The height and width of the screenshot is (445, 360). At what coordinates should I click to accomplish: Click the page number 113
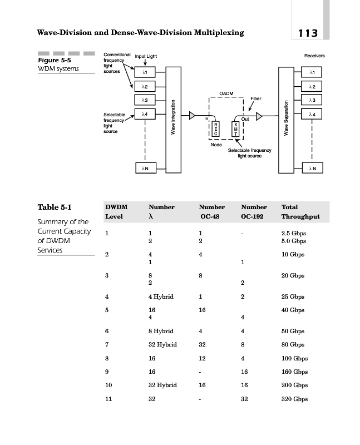click(x=307, y=33)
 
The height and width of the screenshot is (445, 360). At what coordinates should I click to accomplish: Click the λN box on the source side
click(x=145, y=167)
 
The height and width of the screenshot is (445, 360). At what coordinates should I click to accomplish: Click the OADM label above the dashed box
click(x=226, y=93)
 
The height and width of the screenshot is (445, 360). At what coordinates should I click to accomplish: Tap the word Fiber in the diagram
click(x=255, y=98)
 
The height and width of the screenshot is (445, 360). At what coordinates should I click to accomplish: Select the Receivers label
click(x=314, y=56)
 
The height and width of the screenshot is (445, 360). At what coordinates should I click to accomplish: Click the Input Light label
click(x=146, y=57)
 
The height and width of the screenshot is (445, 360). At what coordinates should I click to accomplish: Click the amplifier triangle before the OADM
click(x=192, y=116)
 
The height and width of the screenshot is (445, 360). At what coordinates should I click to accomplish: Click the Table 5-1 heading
click(x=54, y=207)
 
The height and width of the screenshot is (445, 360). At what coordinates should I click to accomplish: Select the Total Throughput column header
click(x=300, y=211)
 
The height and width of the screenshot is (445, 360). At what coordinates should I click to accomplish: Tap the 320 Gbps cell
click(x=294, y=399)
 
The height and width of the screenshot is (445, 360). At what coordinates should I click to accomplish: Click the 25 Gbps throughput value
click(x=293, y=296)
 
